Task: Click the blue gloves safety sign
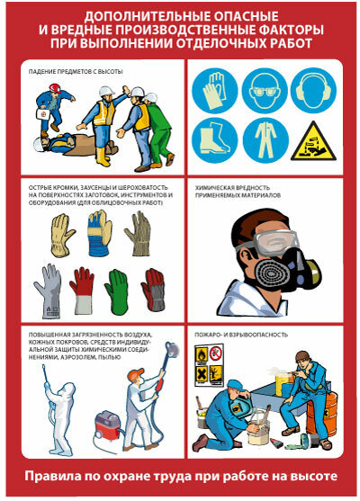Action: pyautogui.click(x=215, y=91)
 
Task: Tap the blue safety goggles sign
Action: pyautogui.click(x=265, y=91)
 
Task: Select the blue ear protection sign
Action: pyautogui.click(x=313, y=91)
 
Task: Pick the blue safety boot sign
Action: pyautogui.click(x=215, y=140)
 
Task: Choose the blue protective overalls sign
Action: pyautogui.click(x=265, y=140)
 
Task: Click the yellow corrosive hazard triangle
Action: pyautogui.click(x=313, y=142)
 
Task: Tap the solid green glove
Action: pyautogui.click(x=117, y=291)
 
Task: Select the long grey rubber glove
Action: pyautogui.click(x=49, y=291)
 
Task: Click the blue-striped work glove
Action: pyautogui.click(x=99, y=233)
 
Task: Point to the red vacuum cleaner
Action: pyautogui.click(x=107, y=425)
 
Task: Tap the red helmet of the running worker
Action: pyautogui.click(x=55, y=88)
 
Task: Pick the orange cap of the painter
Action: pyautogui.click(x=136, y=374)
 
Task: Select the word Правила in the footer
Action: pyautogui.click(x=52, y=477)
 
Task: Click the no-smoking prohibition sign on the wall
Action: pyautogui.click(x=216, y=353)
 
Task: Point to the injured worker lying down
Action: pyautogui.click(x=75, y=146)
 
